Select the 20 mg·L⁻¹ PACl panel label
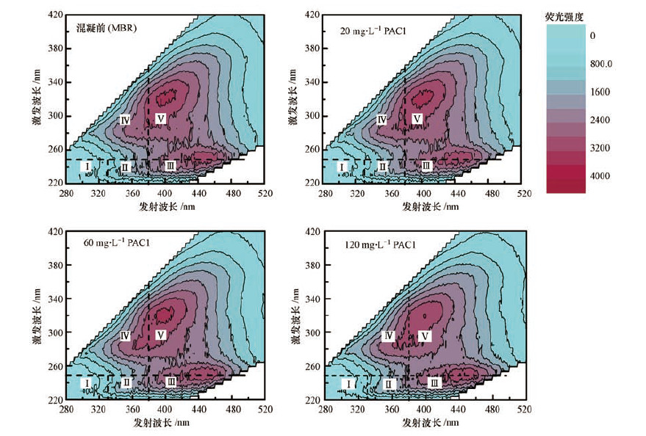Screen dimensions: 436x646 click(373, 31)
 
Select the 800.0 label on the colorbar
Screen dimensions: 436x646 click(601, 64)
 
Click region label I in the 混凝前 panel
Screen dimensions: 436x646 click(87, 167)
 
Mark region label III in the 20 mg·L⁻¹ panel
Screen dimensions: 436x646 click(427, 167)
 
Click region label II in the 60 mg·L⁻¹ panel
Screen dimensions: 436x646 click(126, 382)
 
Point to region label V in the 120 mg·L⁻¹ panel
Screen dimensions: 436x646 click(424, 335)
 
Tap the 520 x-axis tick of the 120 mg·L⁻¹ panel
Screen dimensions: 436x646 click(524, 410)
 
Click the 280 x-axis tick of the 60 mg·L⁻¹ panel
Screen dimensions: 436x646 click(67, 410)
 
